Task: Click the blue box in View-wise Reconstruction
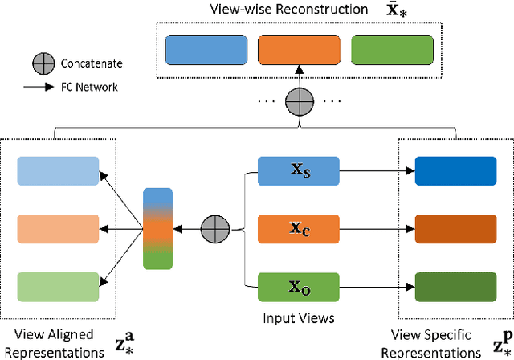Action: tap(206, 50)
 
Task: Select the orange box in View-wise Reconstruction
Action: tap(298, 50)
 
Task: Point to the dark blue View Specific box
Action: tap(455, 170)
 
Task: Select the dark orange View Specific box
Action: tap(455, 227)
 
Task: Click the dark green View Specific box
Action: tap(455, 285)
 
